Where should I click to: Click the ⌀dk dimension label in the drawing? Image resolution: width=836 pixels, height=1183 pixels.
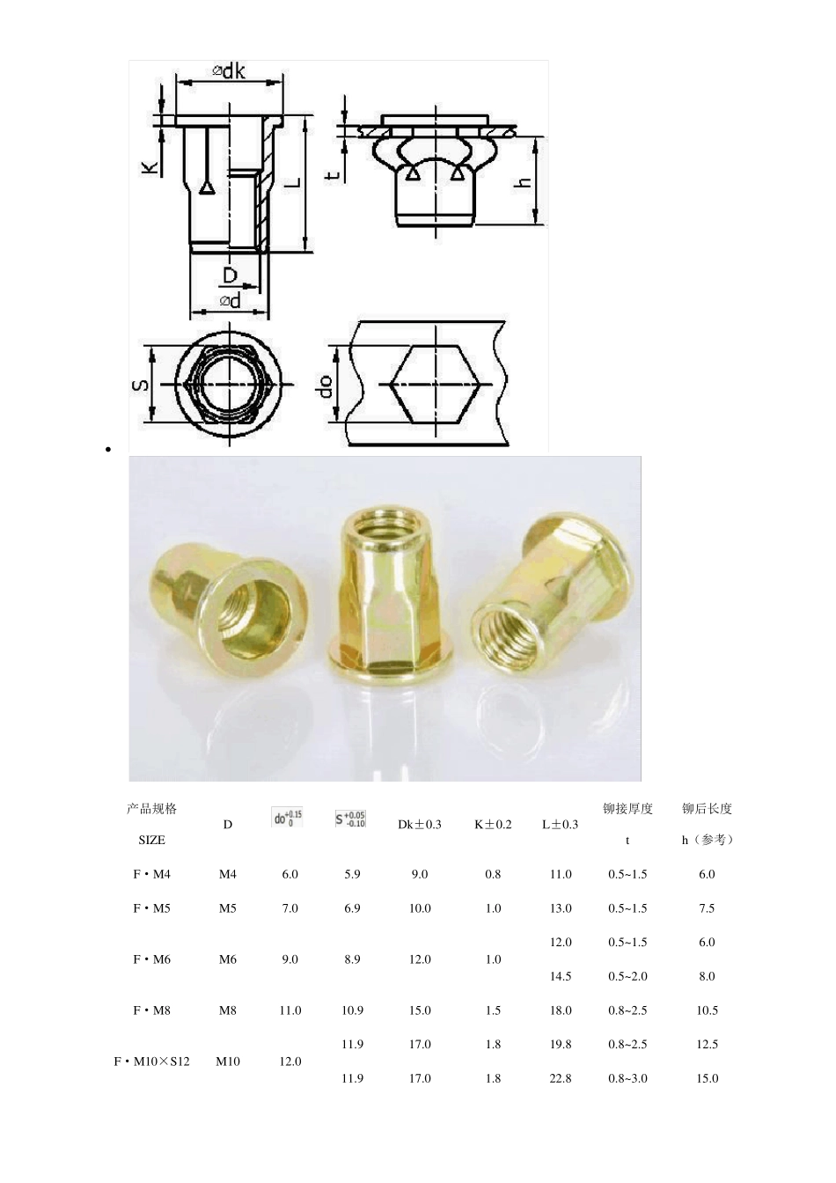pos(229,71)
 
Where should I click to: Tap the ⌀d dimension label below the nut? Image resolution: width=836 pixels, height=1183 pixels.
pos(230,302)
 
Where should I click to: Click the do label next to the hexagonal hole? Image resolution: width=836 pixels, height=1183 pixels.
pos(326,386)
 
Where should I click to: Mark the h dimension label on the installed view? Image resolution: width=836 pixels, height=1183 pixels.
pos(524,182)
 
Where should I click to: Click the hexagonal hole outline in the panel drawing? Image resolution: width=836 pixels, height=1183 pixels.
pos(436,385)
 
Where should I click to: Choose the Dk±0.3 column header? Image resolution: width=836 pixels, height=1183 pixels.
pos(420,825)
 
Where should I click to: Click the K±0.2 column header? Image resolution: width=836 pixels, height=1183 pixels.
pos(493,825)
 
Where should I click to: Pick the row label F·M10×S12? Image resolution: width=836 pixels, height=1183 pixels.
pos(151,1062)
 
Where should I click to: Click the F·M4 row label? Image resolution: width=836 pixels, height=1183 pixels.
pos(151,874)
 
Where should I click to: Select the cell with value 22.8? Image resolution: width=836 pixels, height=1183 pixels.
pos(561,1078)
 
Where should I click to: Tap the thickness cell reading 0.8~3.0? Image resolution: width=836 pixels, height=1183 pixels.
pos(627,1078)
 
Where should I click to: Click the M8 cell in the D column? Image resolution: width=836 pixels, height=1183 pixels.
pos(228,1010)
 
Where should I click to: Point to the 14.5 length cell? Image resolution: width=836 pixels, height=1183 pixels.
pos(561,976)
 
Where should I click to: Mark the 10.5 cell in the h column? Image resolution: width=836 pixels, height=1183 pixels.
pos(707,1010)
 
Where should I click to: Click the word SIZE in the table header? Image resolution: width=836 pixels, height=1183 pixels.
pos(151,841)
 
